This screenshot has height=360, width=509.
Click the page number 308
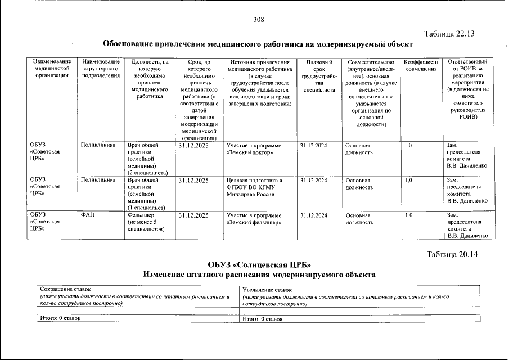coord(258,19)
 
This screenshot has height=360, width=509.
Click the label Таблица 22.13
coord(450,33)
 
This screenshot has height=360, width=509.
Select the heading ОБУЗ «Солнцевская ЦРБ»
coord(259,264)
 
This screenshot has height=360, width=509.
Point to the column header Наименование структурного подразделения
coord(101,69)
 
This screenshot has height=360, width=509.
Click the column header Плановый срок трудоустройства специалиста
coord(318,75)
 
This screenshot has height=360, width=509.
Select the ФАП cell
coord(87,215)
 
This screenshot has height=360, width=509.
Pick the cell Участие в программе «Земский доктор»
coord(254,148)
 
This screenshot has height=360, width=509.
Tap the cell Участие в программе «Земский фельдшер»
coord(254,219)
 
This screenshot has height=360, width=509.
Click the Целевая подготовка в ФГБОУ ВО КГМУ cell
coord(254,187)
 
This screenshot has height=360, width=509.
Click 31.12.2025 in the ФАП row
coord(193,215)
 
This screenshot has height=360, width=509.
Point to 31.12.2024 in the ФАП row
coord(313,215)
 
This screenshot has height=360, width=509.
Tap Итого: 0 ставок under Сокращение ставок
coord(60,318)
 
